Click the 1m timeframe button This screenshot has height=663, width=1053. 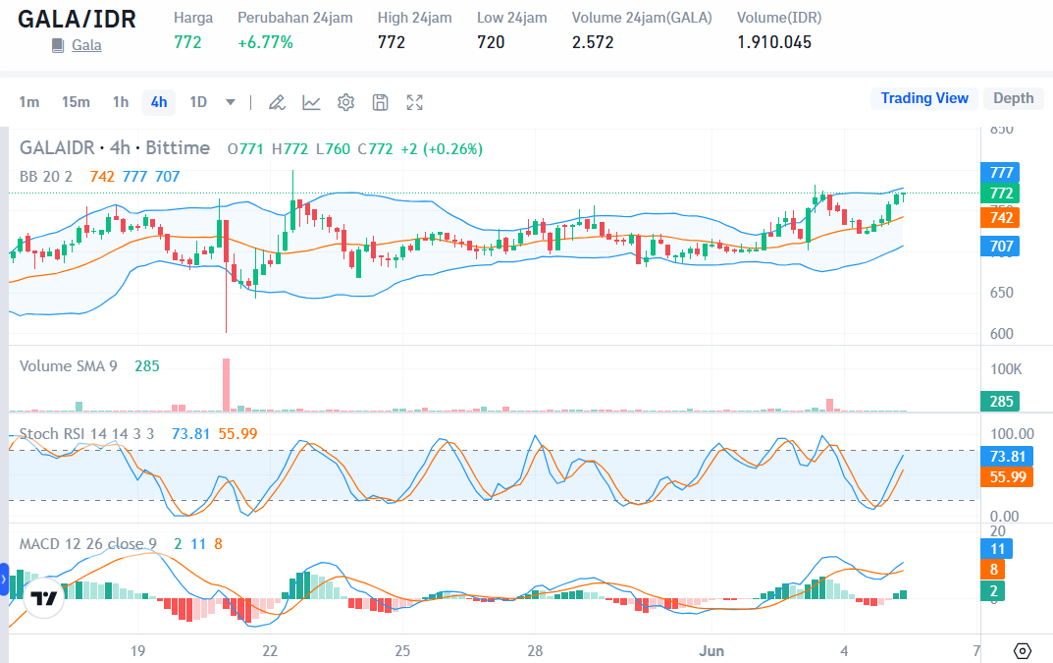click(x=29, y=102)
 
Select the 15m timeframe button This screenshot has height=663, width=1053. click(x=76, y=102)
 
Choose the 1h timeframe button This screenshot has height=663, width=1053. click(x=121, y=102)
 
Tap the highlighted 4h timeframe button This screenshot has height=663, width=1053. click(x=159, y=102)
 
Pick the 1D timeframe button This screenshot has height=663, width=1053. click(x=198, y=102)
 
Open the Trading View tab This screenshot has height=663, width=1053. click(x=923, y=98)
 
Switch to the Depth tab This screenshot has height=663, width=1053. click(x=1013, y=98)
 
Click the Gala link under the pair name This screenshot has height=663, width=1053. click(x=86, y=45)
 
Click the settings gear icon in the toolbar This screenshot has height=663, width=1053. click(x=345, y=102)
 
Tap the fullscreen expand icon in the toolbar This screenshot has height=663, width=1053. click(x=415, y=102)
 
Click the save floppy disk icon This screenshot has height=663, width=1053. click(x=381, y=102)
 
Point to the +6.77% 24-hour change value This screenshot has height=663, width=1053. click(x=265, y=42)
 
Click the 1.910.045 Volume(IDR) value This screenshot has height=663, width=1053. click(x=774, y=42)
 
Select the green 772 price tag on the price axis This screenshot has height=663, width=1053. click(x=1001, y=193)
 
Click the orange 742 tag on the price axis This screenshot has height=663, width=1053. click(x=1001, y=217)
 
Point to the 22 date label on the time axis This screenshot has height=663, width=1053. click(x=270, y=650)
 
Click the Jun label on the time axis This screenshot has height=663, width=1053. click(x=711, y=650)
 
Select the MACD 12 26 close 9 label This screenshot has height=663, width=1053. click(x=88, y=544)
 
